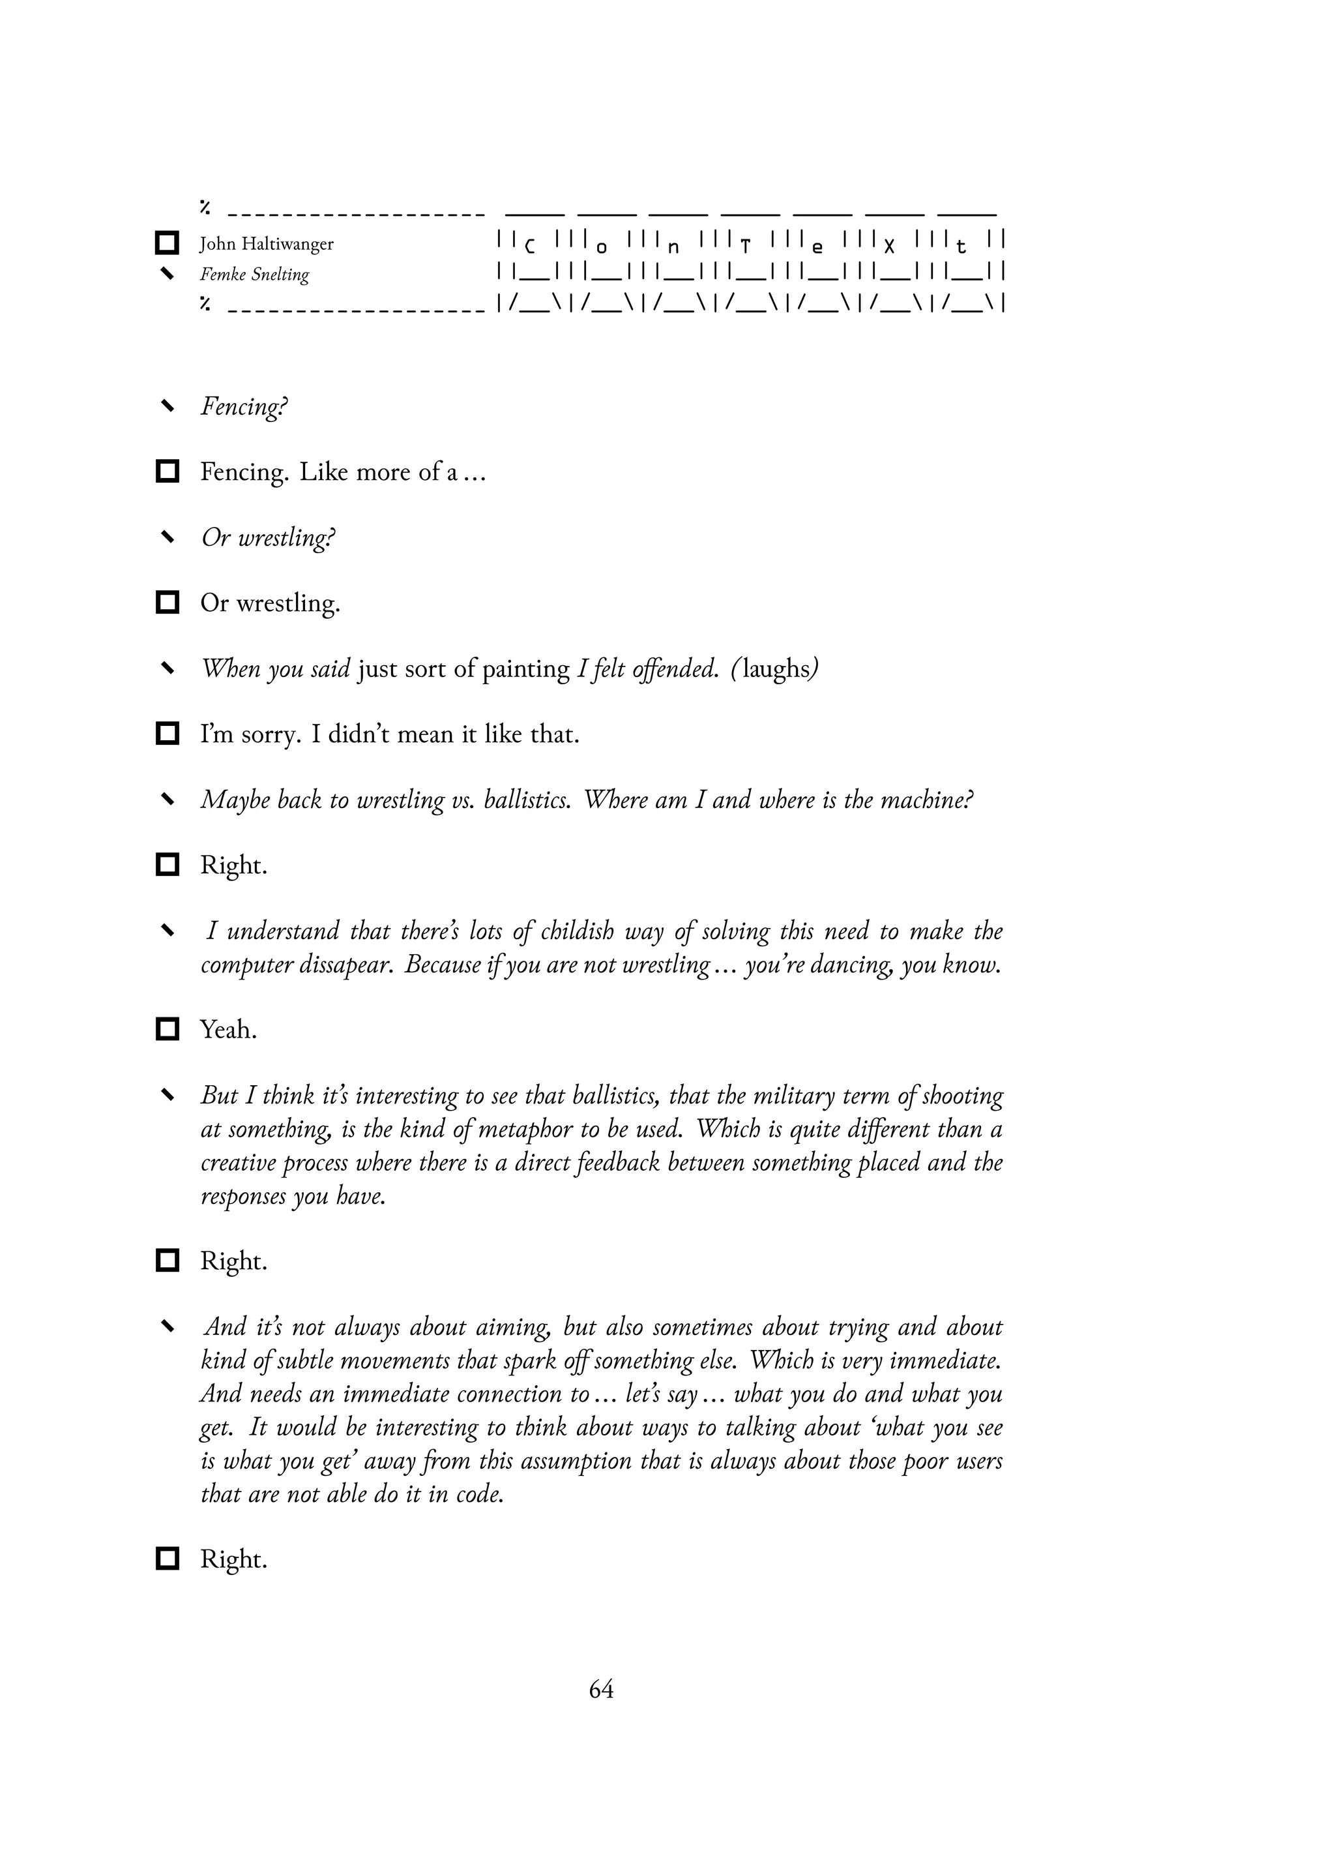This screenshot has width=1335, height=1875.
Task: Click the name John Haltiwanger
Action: tap(267, 245)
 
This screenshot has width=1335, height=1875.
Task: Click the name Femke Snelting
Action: tap(255, 275)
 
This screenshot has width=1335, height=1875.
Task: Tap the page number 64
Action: tap(601, 1689)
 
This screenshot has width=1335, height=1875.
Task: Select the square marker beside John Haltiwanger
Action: tap(168, 243)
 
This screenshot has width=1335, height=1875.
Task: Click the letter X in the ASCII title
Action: tap(888, 246)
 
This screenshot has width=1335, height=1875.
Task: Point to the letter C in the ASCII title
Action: tap(529, 246)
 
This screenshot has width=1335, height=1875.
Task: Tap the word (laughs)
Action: tap(774, 668)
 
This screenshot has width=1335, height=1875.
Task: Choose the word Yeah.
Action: tap(229, 1030)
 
